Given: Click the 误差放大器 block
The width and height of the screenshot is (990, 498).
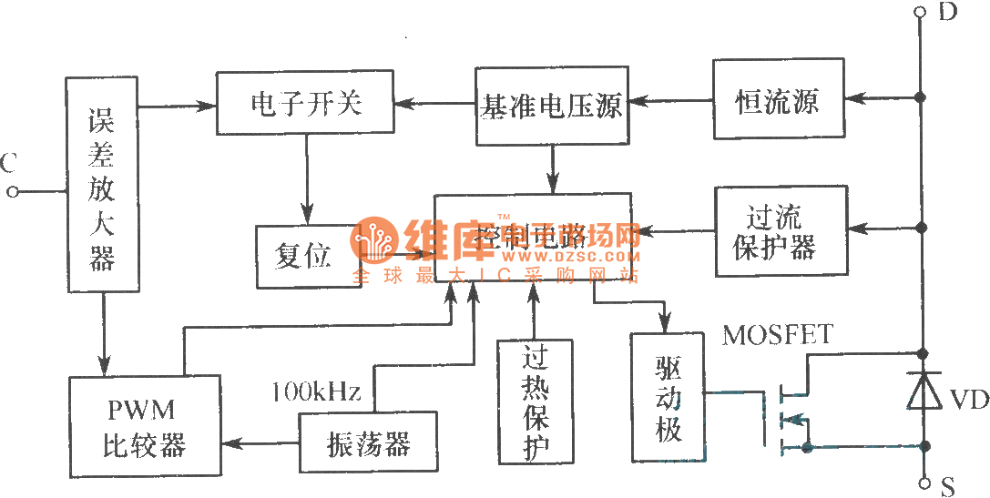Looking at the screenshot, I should [102, 185].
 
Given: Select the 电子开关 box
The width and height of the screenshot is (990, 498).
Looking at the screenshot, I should [305, 104].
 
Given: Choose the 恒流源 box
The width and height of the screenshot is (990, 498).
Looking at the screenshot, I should [777, 99].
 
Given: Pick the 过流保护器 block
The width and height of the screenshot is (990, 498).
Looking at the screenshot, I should [781, 232].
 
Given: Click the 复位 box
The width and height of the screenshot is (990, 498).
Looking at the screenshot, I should [305, 256].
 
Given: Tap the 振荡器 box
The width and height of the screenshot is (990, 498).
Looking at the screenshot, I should [368, 443].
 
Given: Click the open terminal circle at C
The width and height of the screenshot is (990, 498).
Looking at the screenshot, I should [13, 191].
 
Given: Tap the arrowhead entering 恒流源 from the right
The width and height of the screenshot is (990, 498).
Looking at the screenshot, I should [852, 97].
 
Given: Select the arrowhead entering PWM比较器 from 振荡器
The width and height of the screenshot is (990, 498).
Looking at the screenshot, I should [229, 443].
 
